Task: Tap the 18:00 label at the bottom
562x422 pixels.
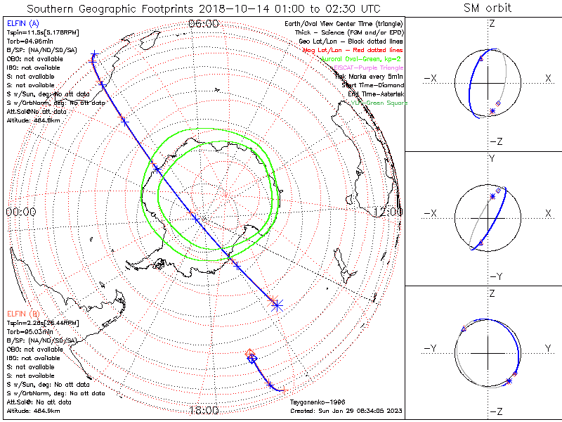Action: coord(204,410)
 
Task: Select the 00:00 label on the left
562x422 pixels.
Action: coord(20,212)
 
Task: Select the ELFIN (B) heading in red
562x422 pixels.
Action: coord(22,312)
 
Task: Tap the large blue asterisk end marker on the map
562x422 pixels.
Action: coord(276,305)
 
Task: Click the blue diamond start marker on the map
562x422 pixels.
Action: coord(253,359)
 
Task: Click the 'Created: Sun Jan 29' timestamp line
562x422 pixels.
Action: coord(346,411)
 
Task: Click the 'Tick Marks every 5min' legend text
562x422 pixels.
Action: coord(370,76)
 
